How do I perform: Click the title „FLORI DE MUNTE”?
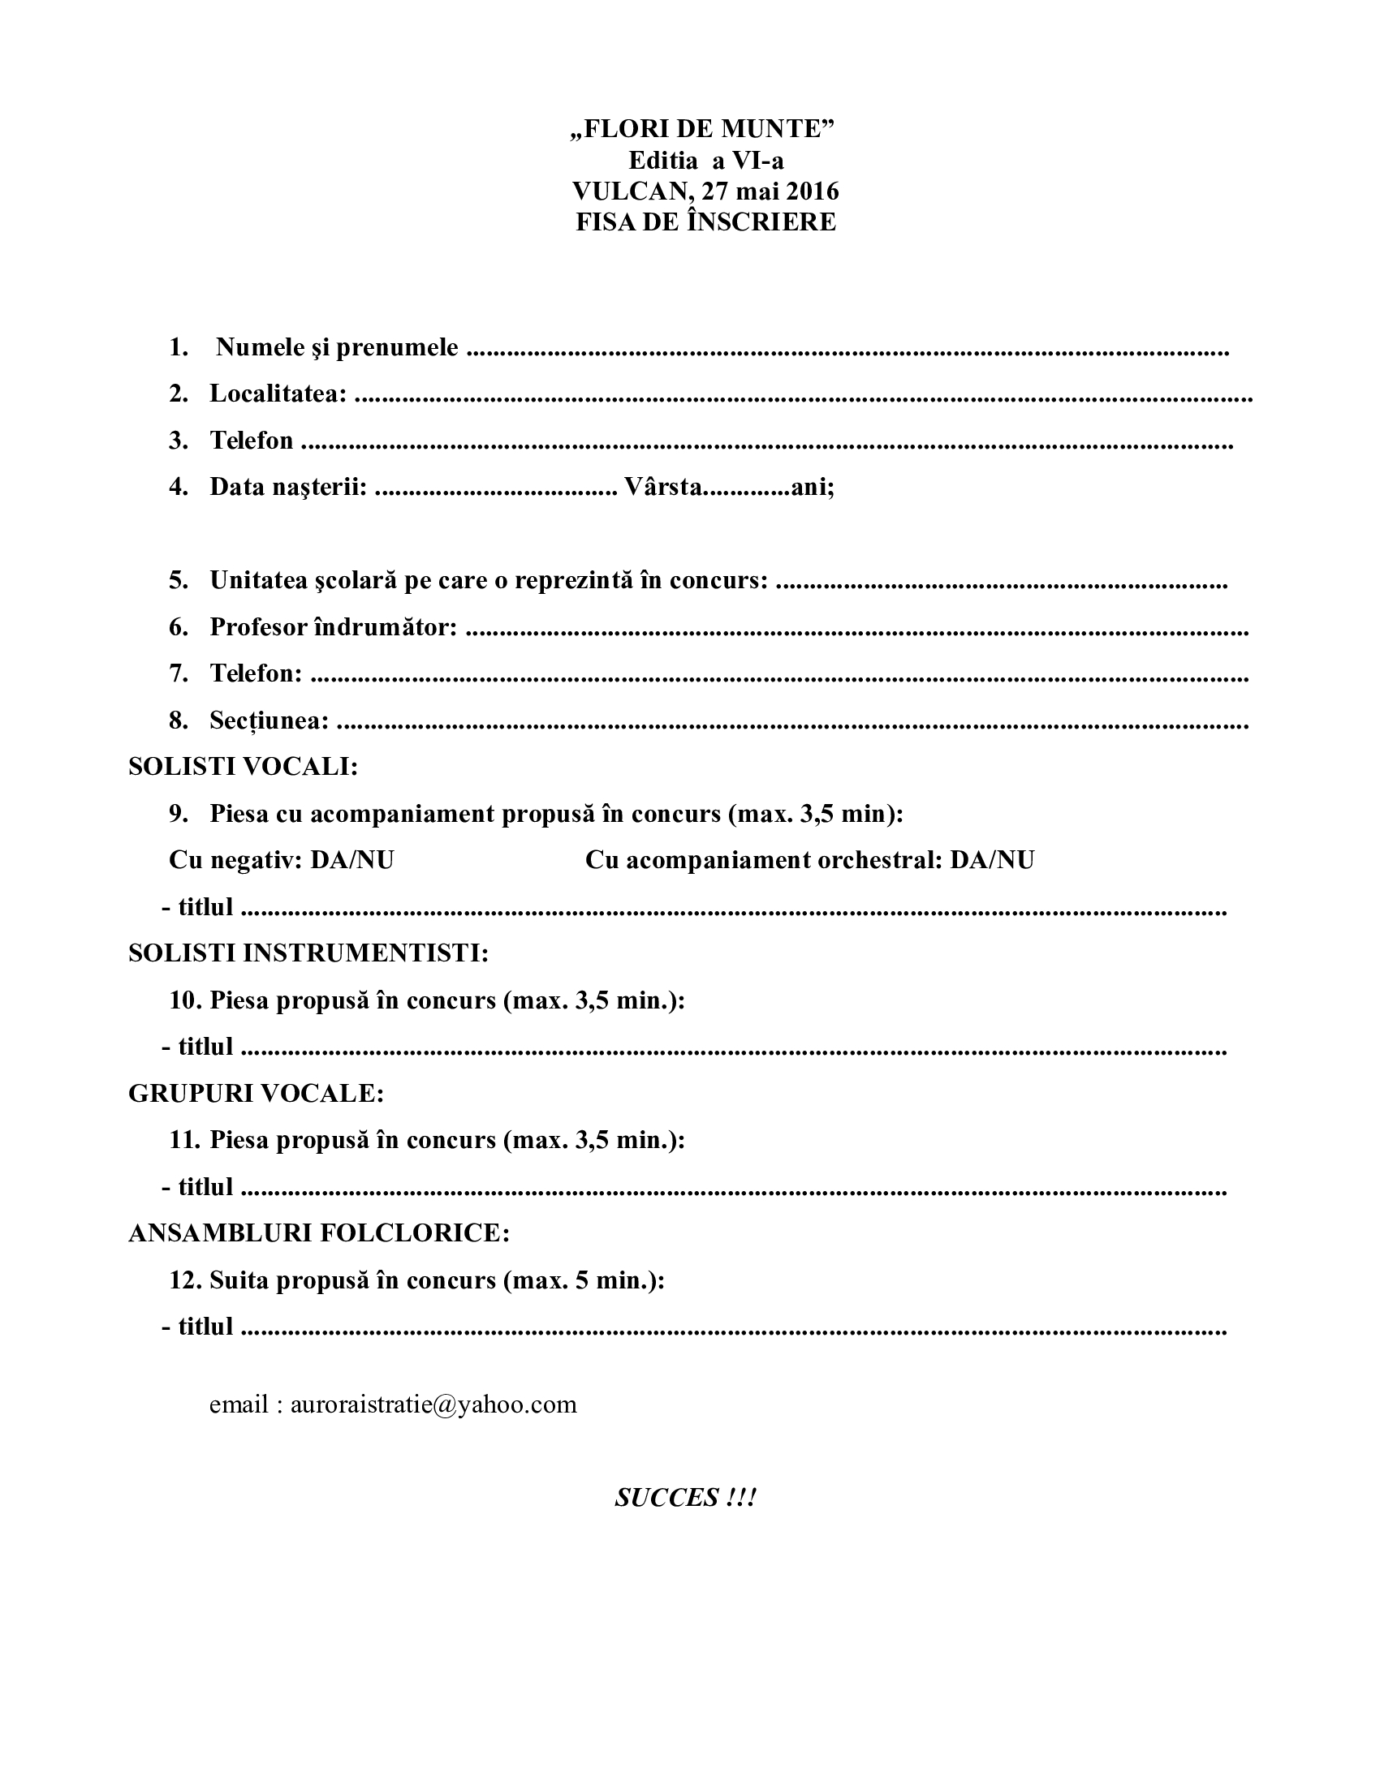pos(702,129)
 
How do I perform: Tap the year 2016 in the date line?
pos(812,191)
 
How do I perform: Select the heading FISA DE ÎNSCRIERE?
pos(705,222)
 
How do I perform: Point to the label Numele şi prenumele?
pos(337,348)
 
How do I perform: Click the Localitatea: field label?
pos(278,394)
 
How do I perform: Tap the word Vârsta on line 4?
pos(662,487)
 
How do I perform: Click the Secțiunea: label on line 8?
pos(270,720)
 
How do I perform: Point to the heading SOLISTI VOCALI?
pos(244,767)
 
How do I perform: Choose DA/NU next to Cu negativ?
pos(352,860)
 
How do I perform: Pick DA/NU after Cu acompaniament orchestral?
pos(992,860)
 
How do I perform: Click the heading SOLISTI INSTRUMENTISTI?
pos(308,953)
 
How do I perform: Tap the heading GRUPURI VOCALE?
pos(256,1093)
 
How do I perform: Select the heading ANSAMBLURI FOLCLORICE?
pos(319,1232)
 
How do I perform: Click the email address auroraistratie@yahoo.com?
pos(433,1404)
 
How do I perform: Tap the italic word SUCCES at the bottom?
pos(666,1497)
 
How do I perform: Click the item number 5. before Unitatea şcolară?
pos(179,580)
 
